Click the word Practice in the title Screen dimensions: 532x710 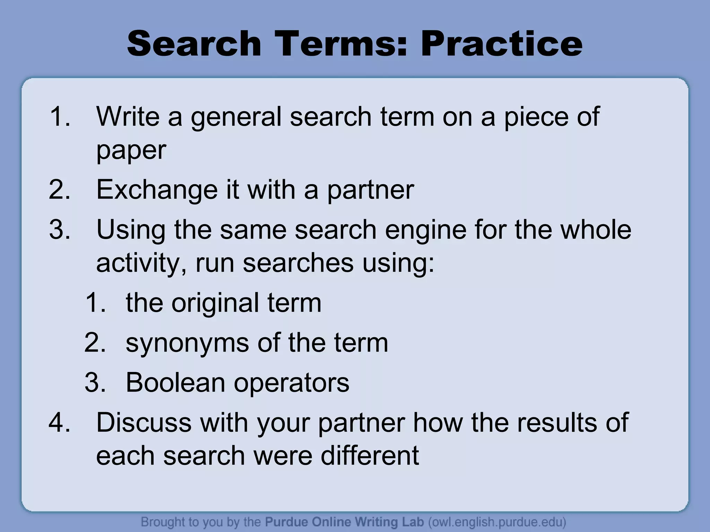tap(501, 44)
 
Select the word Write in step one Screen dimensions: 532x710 tap(128, 116)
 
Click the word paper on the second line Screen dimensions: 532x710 tap(131, 151)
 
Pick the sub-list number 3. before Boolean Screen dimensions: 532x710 tap(95, 382)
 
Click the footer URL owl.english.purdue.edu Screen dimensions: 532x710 tap(497, 522)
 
